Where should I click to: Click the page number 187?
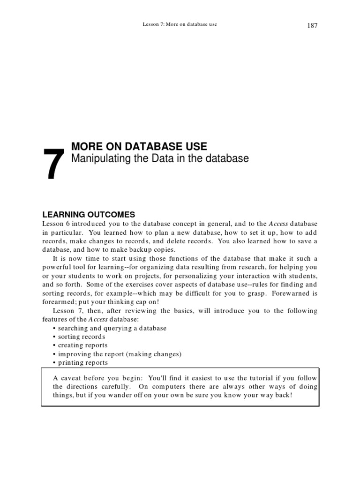312,25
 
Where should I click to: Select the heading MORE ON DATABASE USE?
139,146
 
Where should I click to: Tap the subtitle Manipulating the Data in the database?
159,158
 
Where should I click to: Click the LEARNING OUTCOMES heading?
89,214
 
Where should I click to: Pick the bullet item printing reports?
83,362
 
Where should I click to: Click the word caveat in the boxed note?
71,378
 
